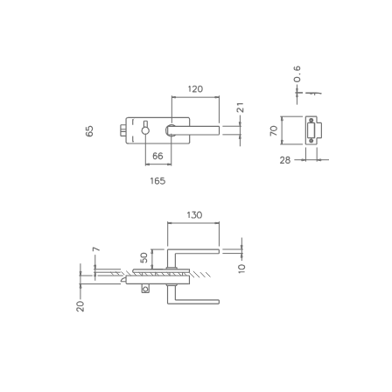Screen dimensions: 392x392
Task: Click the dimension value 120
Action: coord(194,89)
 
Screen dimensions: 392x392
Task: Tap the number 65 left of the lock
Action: coord(89,130)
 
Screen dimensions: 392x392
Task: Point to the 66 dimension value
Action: coord(157,156)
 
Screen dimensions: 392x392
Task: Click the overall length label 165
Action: coord(157,181)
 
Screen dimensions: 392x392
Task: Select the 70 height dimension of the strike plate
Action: coord(274,130)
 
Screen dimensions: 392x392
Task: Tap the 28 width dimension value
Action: coord(285,160)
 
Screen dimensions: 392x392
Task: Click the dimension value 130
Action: coord(194,214)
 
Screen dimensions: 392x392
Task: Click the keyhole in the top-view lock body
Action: coord(145,130)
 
